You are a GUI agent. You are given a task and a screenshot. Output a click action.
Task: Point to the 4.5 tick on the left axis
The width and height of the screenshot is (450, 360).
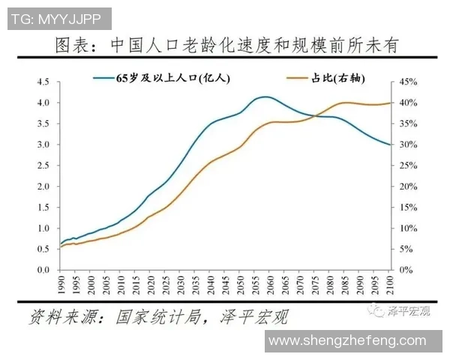pos(43,82)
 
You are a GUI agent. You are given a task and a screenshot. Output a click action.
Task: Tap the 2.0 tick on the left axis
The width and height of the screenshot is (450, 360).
pos(43,186)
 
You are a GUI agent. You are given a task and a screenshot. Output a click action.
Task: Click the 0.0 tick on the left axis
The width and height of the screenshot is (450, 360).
pos(43,270)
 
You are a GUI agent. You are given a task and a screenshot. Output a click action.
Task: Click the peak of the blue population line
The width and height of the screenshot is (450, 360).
pos(264,97)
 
